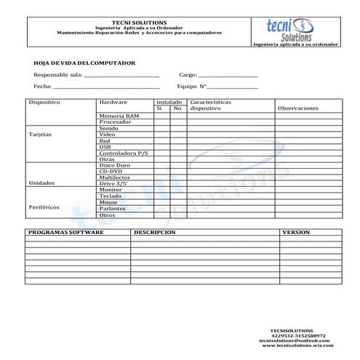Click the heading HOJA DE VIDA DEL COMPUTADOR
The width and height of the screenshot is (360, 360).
click(x=80, y=63)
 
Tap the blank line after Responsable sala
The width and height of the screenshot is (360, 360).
click(x=121, y=76)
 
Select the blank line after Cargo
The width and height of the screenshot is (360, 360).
click(x=228, y=76)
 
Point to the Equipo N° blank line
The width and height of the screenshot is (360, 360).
click(x=232, y=87)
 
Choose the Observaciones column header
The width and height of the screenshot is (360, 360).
click(x=298, y=108)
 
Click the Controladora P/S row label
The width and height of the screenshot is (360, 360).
click(x=123, y=153)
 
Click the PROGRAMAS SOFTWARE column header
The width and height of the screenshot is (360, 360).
click(x=65, y=233)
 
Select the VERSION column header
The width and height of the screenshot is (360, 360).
click(x=295, y=233)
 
